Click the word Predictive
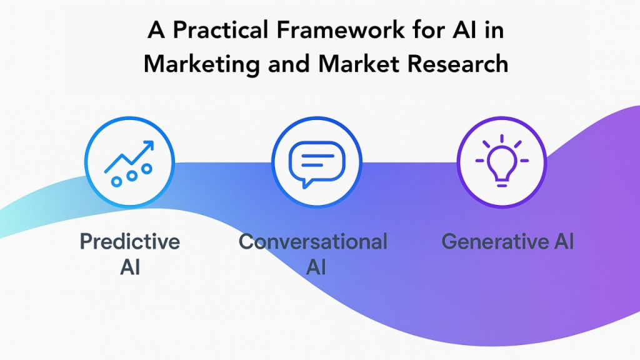[x=130, y=242]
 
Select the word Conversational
[x=313, y=242]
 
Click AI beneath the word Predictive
[x=130, y=267]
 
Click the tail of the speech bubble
[x=304, y=182]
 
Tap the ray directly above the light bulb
[x=502, y=137]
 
